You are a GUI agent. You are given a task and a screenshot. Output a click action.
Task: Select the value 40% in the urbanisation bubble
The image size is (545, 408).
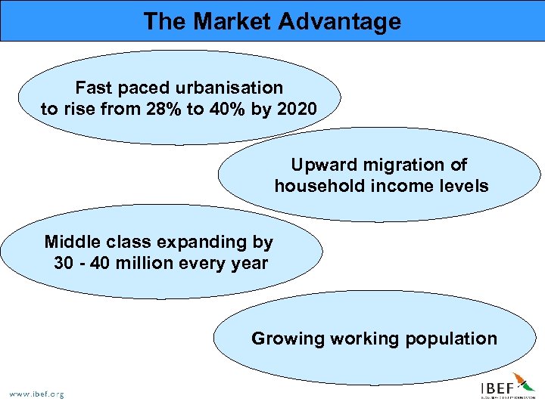pos(230,109)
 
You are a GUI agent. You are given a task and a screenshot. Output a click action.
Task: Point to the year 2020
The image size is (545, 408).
pos(297,109)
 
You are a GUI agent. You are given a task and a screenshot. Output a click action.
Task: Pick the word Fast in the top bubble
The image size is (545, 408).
pos(92,88)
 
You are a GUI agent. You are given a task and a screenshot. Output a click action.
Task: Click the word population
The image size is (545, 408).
pos(451,338)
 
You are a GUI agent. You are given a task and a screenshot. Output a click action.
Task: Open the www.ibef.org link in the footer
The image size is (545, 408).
pos(36,394)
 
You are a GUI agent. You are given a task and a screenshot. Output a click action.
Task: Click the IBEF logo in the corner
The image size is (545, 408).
pos(506,387)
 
